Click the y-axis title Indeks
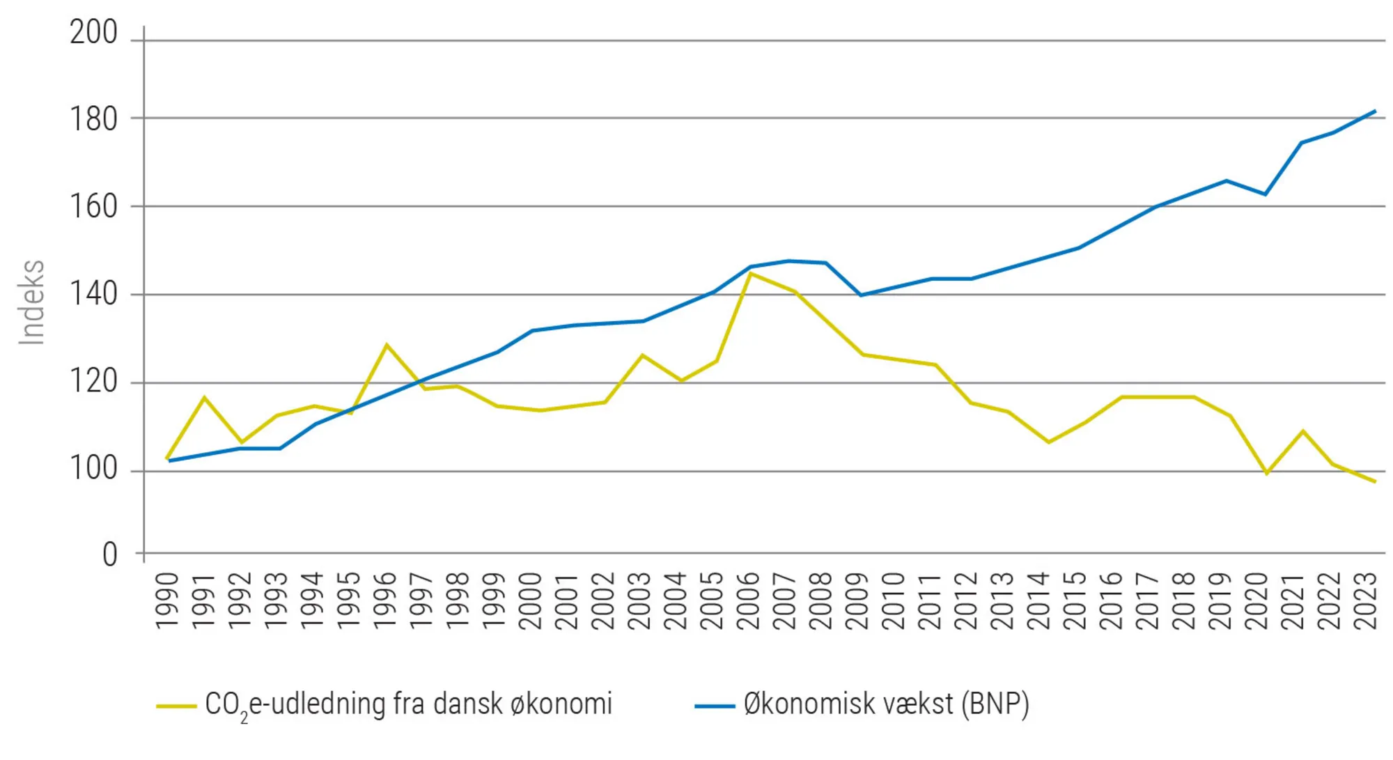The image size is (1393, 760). click(x=31, y=302)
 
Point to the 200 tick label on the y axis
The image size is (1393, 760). click(x=93, y=33)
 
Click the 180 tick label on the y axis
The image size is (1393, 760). click(x=93, y=120)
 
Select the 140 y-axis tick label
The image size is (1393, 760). click(x=93, y=294)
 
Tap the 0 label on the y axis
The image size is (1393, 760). click(x=109, y=555)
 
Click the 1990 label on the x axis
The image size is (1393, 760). click(x=167, y=600)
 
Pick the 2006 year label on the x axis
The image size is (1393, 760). click(x=748, y=600)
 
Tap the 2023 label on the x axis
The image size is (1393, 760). click(x=1365, y=600)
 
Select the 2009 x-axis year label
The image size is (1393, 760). click(x=857, y=600)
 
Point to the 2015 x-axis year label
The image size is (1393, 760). click(x=1075, y=600)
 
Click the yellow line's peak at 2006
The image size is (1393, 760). click(x=750, y=274)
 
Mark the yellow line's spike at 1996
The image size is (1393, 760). click(x=387, y=345)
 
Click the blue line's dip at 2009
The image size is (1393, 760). click(x=862, y=295)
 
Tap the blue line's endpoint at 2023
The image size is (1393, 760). click(x=1375, y=111)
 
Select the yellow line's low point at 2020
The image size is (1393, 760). click(x=1266, y=474)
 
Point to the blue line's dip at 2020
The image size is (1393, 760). click(x=1266, y=194)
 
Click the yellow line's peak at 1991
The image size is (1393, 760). click(x=204, y=398)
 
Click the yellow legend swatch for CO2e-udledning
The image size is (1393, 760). click(x=176, y=706)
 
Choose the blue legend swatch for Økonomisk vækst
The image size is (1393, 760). click(x=715, y=706)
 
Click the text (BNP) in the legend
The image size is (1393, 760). click(x=995, y=704)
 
